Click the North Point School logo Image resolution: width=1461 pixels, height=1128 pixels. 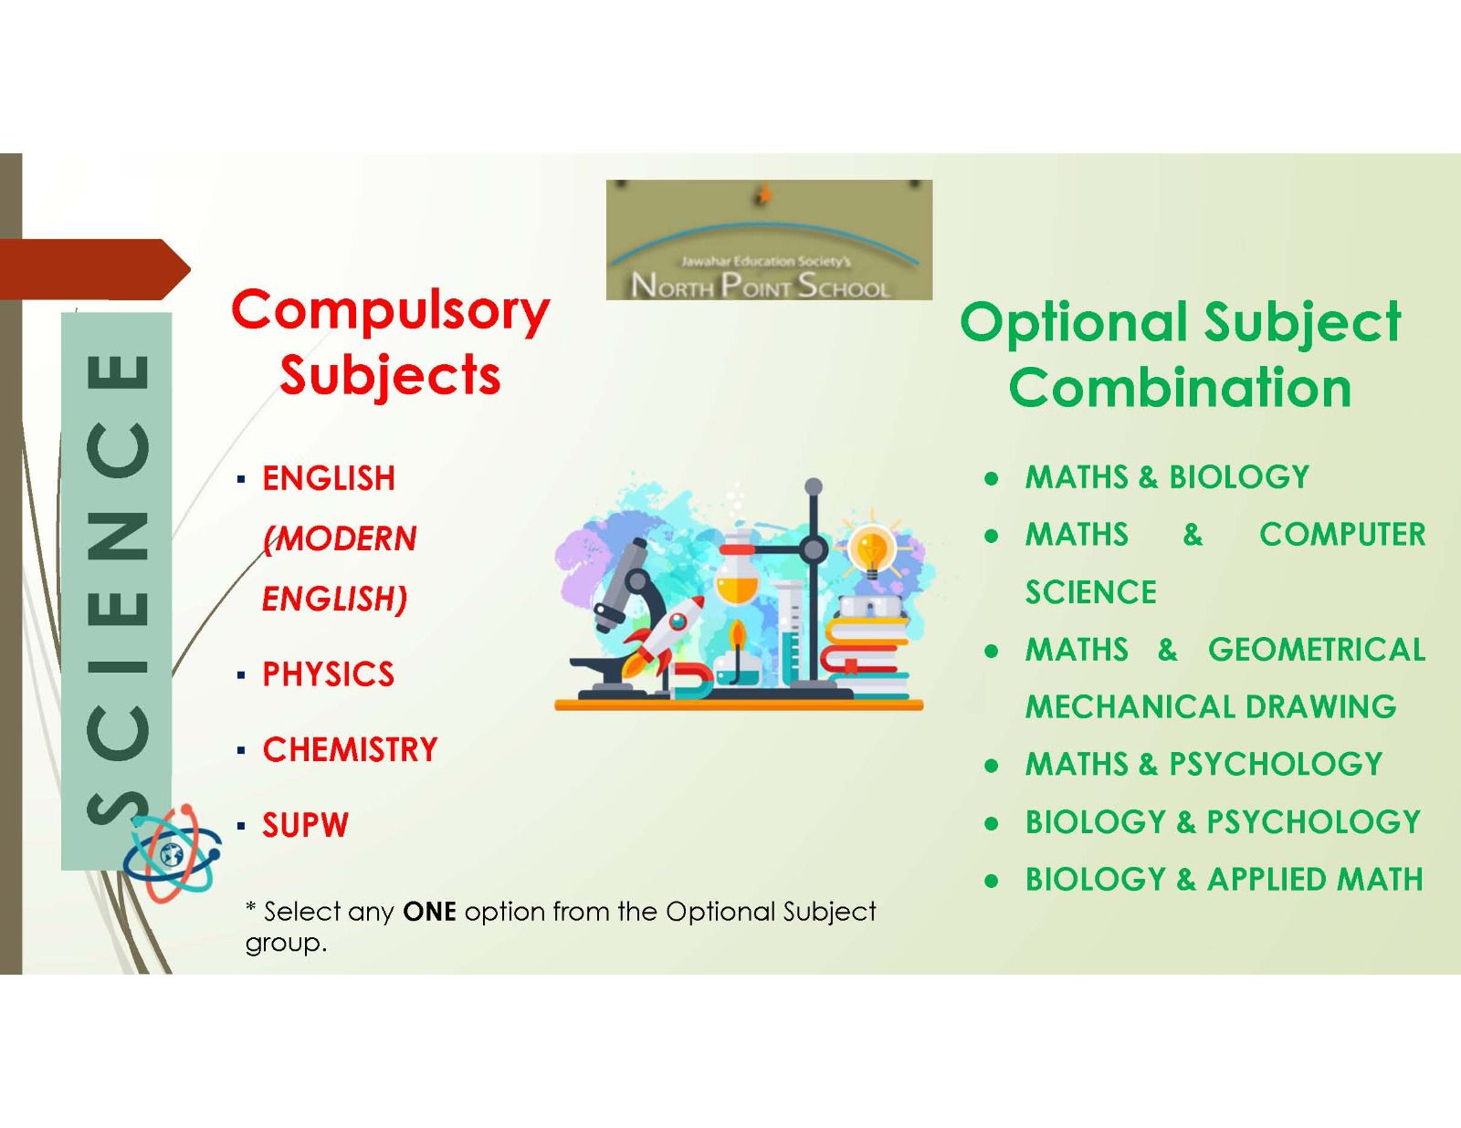769,240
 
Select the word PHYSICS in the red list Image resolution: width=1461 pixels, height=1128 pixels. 328,674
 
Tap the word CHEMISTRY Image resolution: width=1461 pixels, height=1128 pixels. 350,749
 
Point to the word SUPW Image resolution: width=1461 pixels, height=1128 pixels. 305,824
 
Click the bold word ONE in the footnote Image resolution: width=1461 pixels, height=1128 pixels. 430,912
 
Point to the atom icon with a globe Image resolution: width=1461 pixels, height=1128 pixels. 173,853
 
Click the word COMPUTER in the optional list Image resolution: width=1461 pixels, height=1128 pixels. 1342,535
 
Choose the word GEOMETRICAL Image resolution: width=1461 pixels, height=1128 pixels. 1317,649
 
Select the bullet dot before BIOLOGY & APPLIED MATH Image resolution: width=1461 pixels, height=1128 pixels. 991,880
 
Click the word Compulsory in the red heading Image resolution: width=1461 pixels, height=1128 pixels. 391,310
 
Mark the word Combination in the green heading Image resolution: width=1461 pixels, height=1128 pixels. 1180,387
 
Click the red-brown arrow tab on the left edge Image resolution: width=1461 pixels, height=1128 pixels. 94,269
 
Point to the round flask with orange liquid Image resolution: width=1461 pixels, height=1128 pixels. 738,574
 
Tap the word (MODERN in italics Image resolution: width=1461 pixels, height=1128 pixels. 340,538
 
